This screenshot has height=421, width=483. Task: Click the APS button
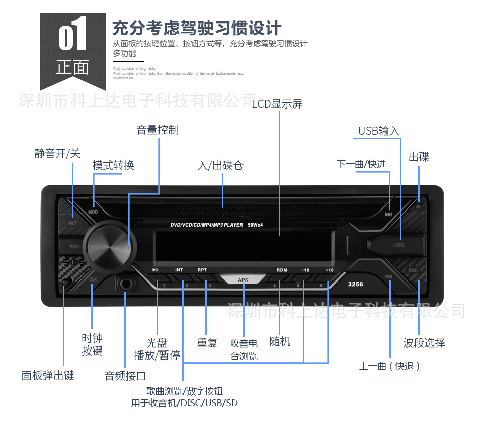tap(244, 280)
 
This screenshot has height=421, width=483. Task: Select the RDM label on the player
tap(282, 270)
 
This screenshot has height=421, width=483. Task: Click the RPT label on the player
tap(202, 270)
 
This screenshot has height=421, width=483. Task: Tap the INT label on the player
tap(179, 270)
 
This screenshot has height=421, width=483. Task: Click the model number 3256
tap(355, 285)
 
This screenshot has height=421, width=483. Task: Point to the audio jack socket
tap(126, 285)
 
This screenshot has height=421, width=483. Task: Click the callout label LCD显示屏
tap(277, 104)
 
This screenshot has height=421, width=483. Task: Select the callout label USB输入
tap(378, 131)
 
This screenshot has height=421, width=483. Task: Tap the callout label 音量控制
tap(157, 130)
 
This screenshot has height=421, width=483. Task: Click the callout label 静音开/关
tap(57, 153)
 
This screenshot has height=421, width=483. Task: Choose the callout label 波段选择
tap(424, 343)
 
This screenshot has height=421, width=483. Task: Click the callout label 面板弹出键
tap(48, 375)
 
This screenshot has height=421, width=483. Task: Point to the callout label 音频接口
tap(125, 376)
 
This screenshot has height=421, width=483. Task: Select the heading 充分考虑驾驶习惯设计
tap(196, 27)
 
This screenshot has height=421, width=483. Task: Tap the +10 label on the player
tap(329, 270)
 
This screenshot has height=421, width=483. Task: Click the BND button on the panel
tap(413, 270)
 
